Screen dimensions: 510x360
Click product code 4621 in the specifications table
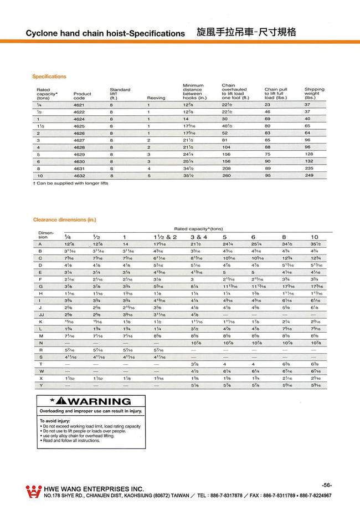pyautogui.click(x=78, y=104)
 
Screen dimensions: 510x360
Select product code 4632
pyautogui.click(x=78, y=175)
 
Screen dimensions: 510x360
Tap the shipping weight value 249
pyautogui.click(x=309, y=175)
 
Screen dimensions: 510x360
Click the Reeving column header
pyautogui.click(x=156, y=98)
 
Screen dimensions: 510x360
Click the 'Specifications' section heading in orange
pyautogui.click(x=49, y=76)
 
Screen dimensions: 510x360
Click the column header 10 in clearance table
pyautogui.click(x=314, y=237)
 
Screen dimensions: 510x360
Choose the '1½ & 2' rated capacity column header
pyautogui.click(x=165, y=237)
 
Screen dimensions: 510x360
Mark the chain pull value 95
pyautogui.click(x=268, y=175)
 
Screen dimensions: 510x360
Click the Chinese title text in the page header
pyautogui.click(x=246, y=32)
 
